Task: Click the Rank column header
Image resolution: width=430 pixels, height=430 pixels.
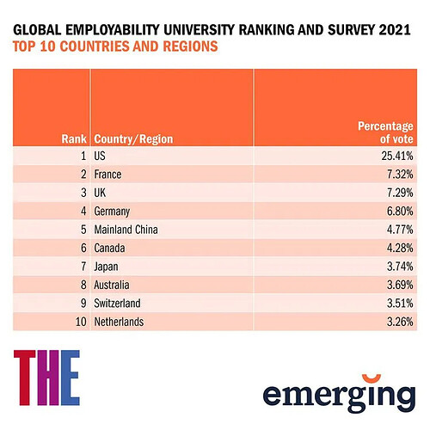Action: (74, 139)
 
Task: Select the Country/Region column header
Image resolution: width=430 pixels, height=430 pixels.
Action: (133, 139)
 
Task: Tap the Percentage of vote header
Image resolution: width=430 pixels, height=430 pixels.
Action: (385, 132)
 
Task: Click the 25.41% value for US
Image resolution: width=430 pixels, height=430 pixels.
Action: (397, 156)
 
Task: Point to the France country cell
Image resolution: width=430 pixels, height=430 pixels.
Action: (107, 175)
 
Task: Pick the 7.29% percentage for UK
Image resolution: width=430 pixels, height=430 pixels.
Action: (400, 193)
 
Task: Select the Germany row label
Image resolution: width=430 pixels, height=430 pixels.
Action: (112, 212)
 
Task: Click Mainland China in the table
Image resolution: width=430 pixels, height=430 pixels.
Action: (126, 230)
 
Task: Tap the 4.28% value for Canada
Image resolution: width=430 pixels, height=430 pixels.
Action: (400, 248)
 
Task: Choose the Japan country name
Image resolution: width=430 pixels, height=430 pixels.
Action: (106, 267)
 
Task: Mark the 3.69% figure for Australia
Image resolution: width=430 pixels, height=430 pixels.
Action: (400, 285)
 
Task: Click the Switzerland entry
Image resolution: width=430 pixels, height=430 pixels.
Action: (117, 304)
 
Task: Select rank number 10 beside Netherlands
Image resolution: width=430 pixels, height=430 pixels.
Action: (81, 322)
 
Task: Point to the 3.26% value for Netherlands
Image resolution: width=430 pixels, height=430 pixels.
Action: (400, 322)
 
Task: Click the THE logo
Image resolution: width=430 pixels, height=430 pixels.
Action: (46, 378)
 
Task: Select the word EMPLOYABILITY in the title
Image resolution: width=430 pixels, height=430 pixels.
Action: (113, 30)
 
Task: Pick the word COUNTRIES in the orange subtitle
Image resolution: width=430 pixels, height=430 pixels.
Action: (95, 46)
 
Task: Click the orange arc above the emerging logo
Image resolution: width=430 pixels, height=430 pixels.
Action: (372, 379)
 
